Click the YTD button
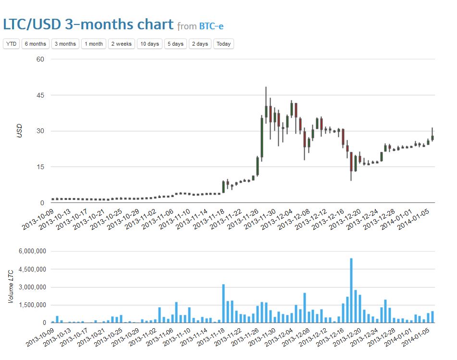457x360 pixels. tap(11, 44)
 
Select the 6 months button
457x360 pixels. tap(35, 44)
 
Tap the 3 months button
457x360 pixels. tap(65, 44)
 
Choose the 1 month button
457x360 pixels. tap(94, 44)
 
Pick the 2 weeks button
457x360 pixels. tap(121, 44)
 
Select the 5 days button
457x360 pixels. tap(175, 44)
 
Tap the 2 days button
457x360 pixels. tap(199, 44)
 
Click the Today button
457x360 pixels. tap(223, 44)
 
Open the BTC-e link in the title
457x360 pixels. tap(211, 25)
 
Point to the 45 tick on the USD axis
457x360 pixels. tap(40, 95)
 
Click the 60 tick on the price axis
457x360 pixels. tap(40, 59)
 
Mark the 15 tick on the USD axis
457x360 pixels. tap(40, 167)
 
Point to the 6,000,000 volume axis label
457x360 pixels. tap(30, 251)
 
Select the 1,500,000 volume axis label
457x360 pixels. tap(30, 305)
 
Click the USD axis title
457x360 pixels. tap(20, 131)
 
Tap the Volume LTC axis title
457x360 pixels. tap(10, 287)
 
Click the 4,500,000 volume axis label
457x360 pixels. tap(30, 269)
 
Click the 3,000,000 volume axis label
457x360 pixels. tap(30, 287)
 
